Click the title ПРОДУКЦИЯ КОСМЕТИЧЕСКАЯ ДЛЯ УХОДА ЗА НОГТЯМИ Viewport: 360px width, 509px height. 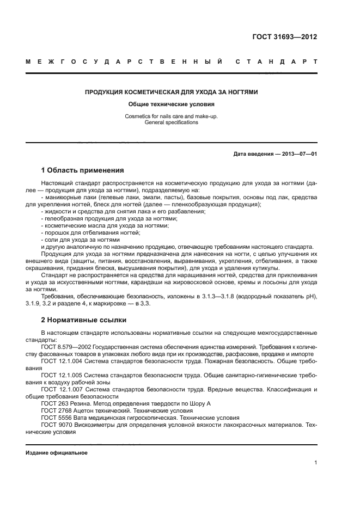pyautogui.click(x=171, y=93)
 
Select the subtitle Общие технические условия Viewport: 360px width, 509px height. pyautogui.click(x=171, y=104)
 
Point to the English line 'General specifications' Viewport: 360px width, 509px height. pyautogui.click(x=171, y=122)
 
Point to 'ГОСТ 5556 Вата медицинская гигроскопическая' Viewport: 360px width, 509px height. pyautogui.click(x=103, y=418)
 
